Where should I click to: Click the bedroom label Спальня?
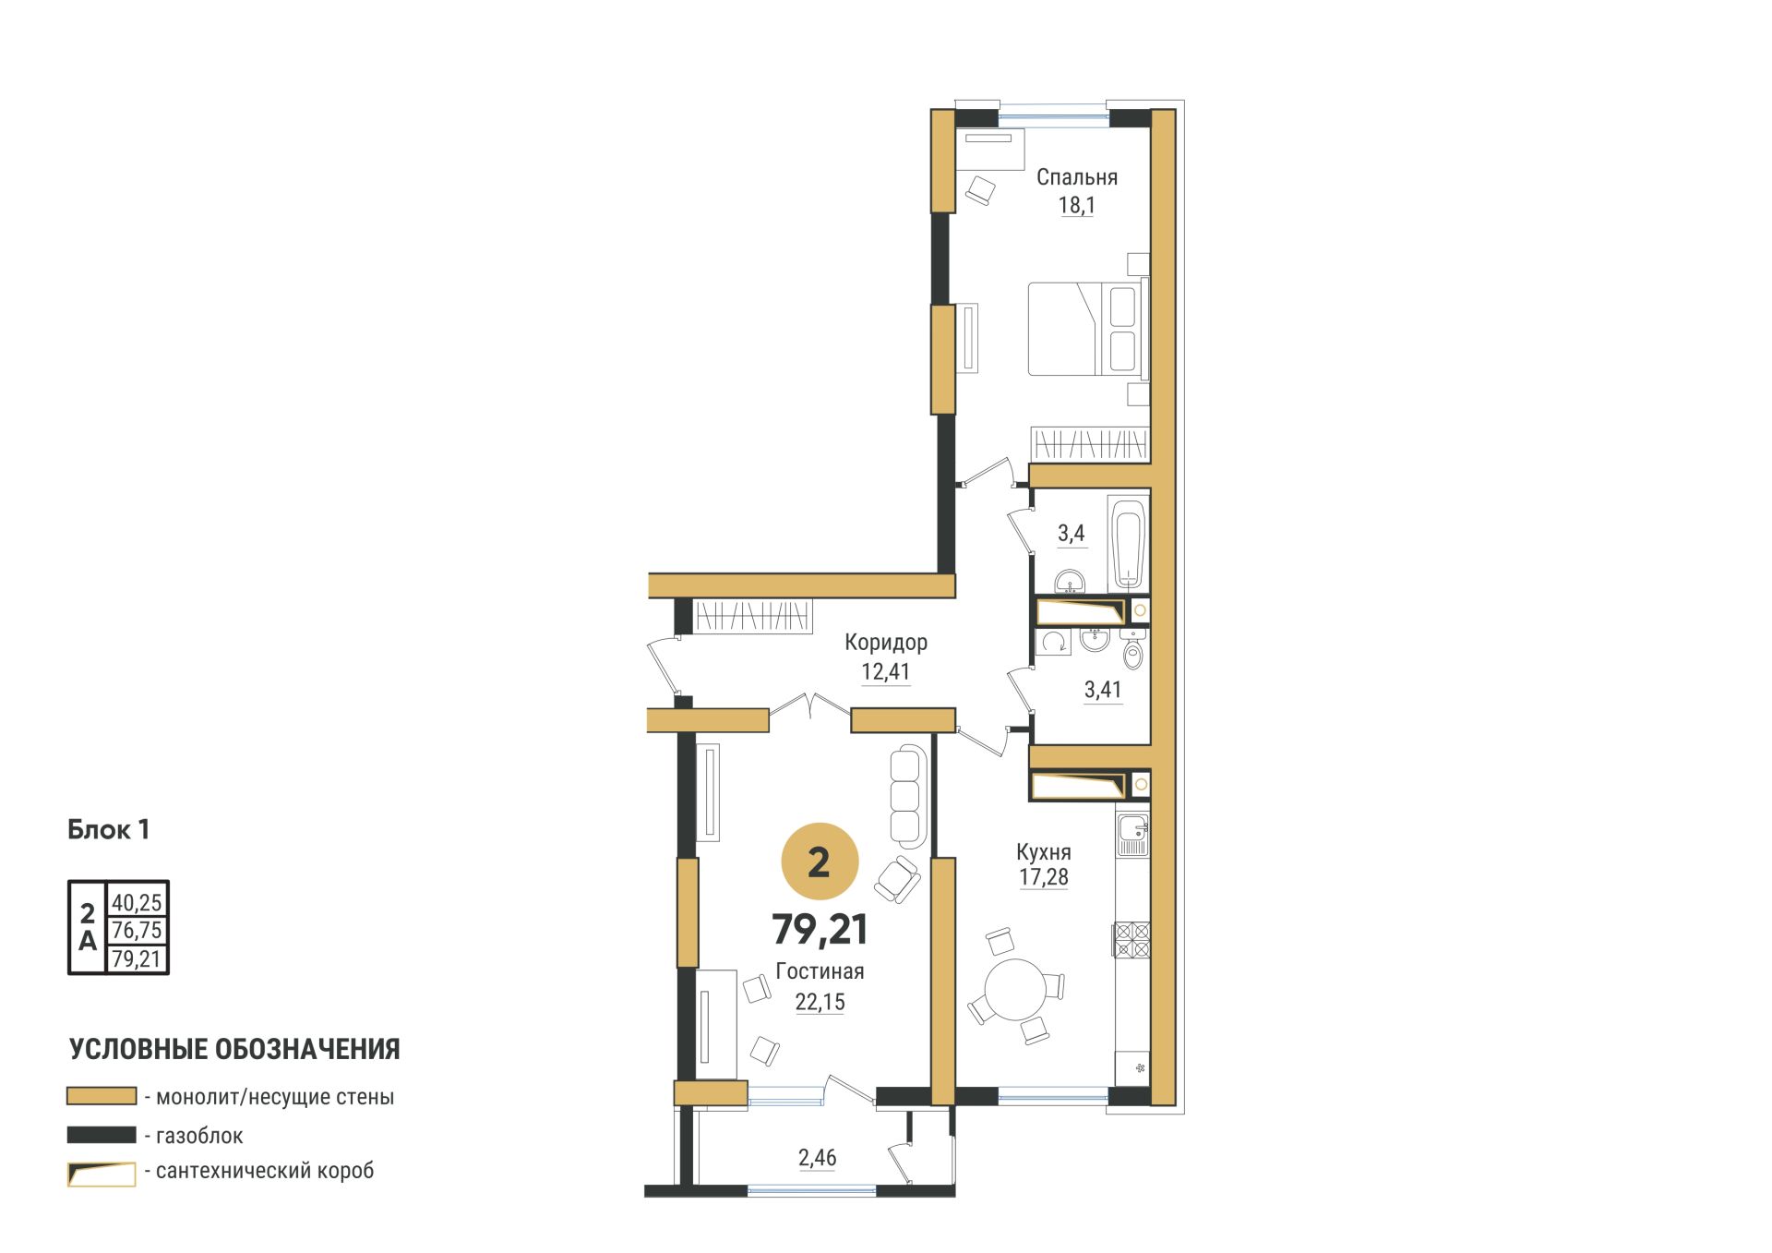pyautogui.click(x=1076, y=176)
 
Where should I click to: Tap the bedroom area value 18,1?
pyautogui.click(x=1076, y=205)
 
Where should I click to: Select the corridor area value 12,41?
pyautogui.click(x=885, y=671)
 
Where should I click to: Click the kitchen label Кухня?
pyautogui.click(x=1043, y=851)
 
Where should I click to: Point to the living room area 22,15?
pyautogui.click(x=820, y=1002)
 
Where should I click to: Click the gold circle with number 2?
pyautogui.click(x=820, y=861)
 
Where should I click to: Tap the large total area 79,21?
pyautogui.click(x=820, y=930)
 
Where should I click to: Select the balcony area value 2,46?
pyautogui.click(x=817, y=1158)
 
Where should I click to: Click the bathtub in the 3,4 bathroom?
pyautogui.click(x=1128, y=543)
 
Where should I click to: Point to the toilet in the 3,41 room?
pyautogui.click(x=1133, y=651)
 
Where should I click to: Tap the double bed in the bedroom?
pyautogui.click(x=1088, y=329)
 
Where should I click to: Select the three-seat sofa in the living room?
pyautogui.click(x=908, y=797)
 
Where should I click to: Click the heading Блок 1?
pyautogui.click(x=108, y=829)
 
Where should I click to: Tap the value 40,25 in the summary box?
pyautogui.click(x=137, y=902)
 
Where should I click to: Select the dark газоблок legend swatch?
pyautogui.click(x=102, y=1135)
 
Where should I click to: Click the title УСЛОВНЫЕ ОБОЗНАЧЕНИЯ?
pyautogui.click(x=234, y=1049)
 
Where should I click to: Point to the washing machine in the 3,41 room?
pyautogui.click(x=1053, y=642)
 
